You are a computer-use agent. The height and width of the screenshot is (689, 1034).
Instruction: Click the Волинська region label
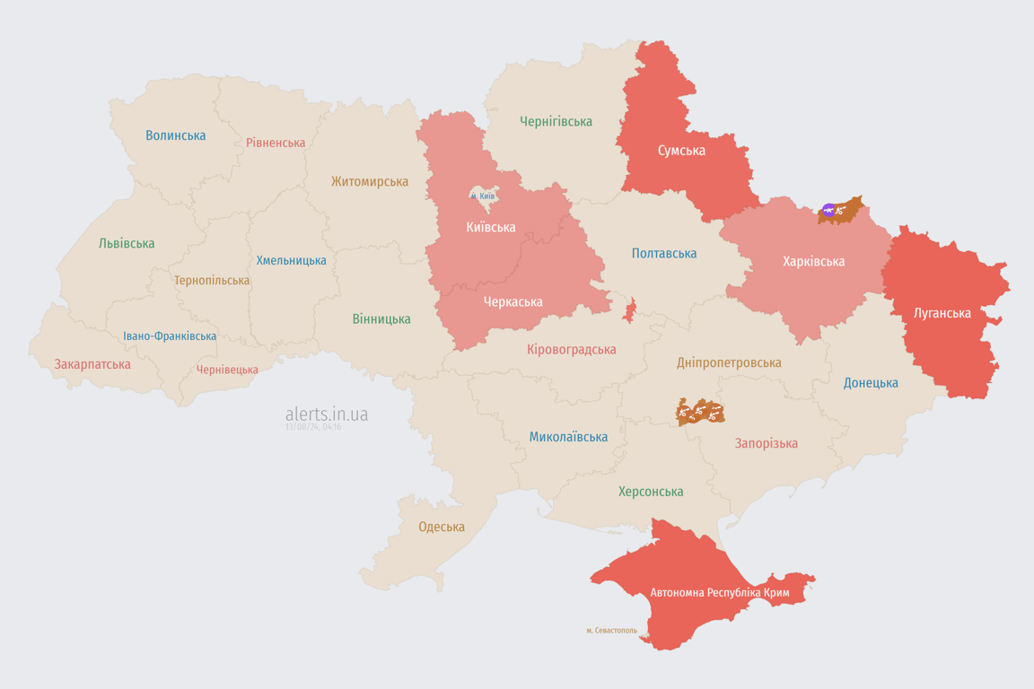(x=176, y=135)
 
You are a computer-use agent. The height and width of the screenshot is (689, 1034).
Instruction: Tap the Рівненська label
(x=276, y=143)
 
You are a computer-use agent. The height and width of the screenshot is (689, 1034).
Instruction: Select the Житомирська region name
(x=369, y=181)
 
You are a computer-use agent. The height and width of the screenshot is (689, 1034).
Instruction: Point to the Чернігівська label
(x=556, y=121)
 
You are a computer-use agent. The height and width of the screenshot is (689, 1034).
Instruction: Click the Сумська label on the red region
(x=681, y=151)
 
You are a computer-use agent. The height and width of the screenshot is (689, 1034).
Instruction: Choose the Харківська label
(x=813, y=262)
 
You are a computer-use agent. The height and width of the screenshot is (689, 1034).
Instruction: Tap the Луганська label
(x=942, y=313)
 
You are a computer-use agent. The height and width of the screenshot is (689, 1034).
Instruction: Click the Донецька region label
(x=871, y=383)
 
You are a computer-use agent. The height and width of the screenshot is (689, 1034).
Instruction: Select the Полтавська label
(x=664, y=254)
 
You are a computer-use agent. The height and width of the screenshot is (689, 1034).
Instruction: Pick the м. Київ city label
(x=483, y=196)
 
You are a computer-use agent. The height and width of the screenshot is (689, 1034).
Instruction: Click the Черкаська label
(x=513, y=302)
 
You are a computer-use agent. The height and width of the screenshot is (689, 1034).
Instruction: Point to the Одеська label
(x=442, y=527)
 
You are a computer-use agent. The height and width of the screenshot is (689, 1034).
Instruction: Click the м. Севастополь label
(x=611, y=631)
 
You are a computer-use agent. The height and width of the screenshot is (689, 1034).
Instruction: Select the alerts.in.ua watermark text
(x=327, y=414)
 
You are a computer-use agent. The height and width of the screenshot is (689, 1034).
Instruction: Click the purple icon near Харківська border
(x=828, y=211)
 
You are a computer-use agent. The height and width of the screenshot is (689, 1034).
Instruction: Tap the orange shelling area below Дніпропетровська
(x=700, y=412)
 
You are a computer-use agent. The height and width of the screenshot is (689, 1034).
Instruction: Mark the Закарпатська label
(x=92, y=364)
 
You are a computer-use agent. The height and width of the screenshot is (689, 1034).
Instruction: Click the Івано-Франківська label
(x=170, y=336)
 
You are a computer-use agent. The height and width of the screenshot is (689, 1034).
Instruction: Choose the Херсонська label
(x=651, y=492)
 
